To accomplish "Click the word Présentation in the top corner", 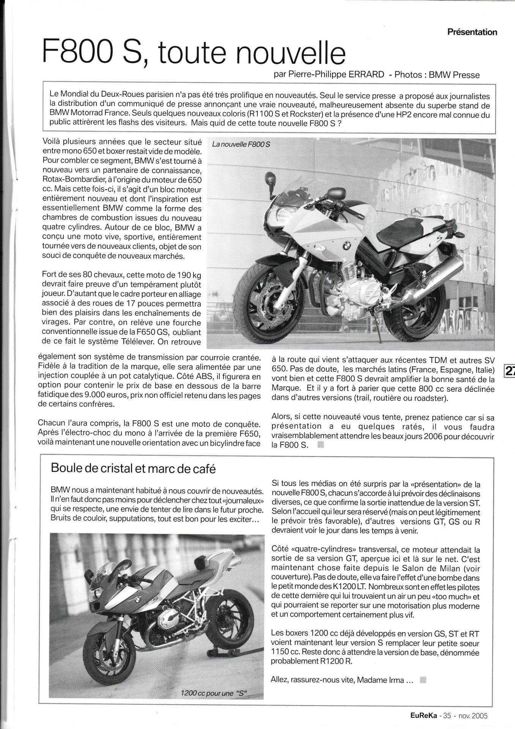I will coord(472,32).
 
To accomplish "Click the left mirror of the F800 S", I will coord(270,177).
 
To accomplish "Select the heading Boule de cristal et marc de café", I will coord(133,469).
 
